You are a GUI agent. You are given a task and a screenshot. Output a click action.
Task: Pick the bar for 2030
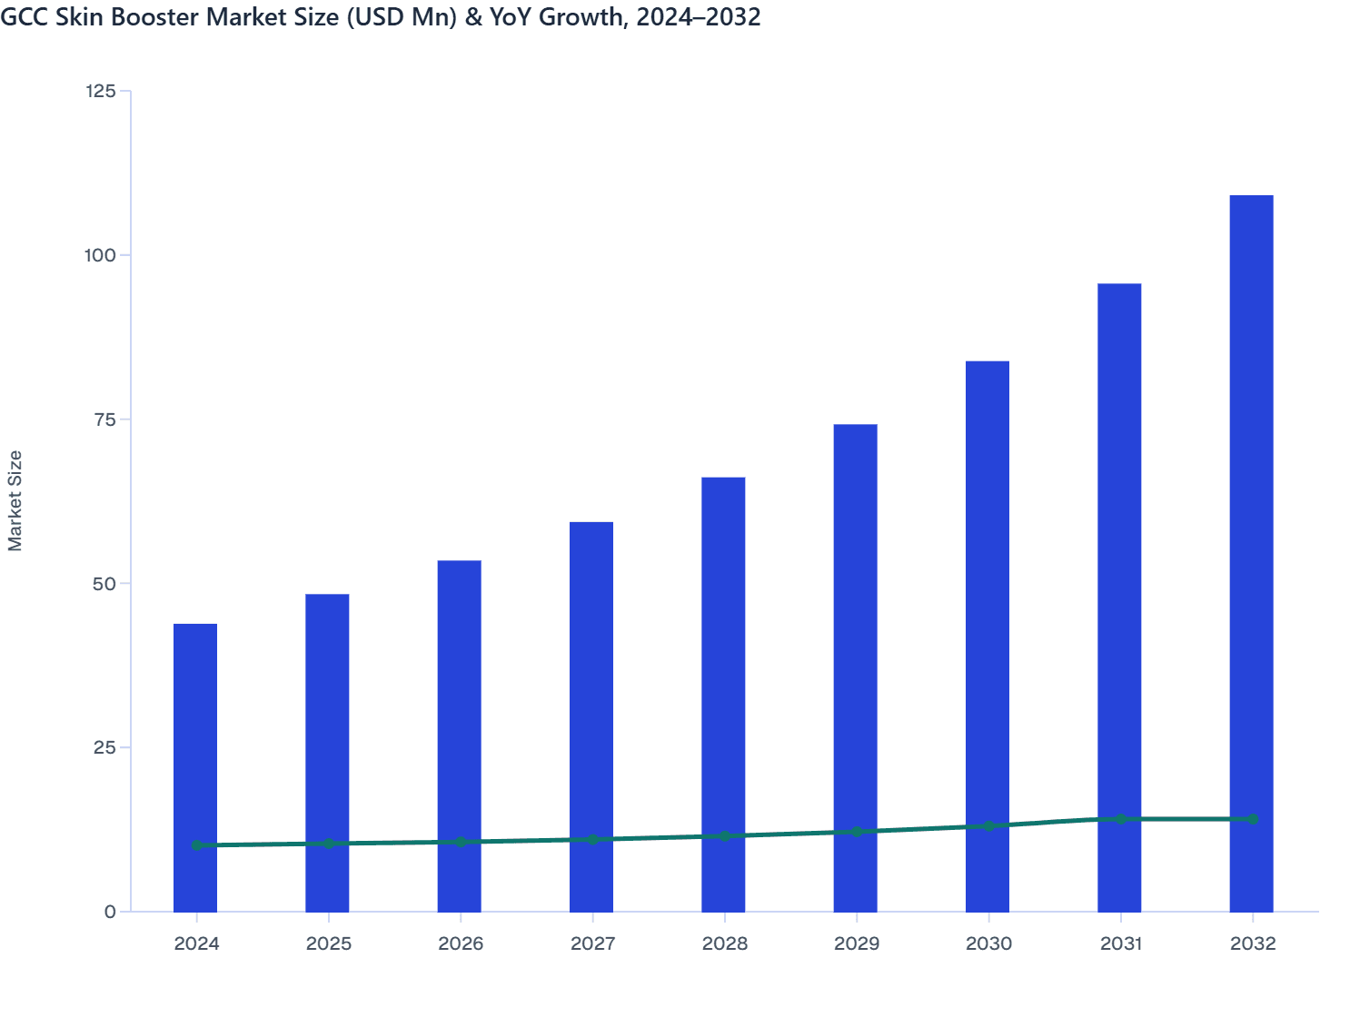click(988, 636)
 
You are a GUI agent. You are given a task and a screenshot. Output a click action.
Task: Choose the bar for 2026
click(460, 736)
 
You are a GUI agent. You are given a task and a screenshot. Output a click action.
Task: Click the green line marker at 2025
click(329, 844)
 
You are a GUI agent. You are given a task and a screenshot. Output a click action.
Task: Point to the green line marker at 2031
click(1121, 819)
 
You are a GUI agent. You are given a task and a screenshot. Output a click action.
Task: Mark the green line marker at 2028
click(725, 835)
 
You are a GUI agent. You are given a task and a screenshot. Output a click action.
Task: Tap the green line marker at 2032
click(1253, 819)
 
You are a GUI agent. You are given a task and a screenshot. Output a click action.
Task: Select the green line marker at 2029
click(857, 832)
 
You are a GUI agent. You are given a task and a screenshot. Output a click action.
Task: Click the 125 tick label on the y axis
click(100, 91)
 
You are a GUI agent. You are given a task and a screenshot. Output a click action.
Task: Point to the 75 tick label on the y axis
click(105, 420)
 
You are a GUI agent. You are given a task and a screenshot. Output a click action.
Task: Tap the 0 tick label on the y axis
click(111, 912)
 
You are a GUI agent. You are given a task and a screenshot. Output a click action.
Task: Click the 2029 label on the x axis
click(857, 943)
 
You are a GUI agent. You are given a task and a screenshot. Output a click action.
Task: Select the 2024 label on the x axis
click(197, 943)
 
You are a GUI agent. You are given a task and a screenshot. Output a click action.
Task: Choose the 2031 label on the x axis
click(1121, 943)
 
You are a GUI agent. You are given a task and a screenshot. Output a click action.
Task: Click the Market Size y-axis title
click(15, 500)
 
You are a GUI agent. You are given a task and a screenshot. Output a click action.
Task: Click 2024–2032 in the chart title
click(698, 16)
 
